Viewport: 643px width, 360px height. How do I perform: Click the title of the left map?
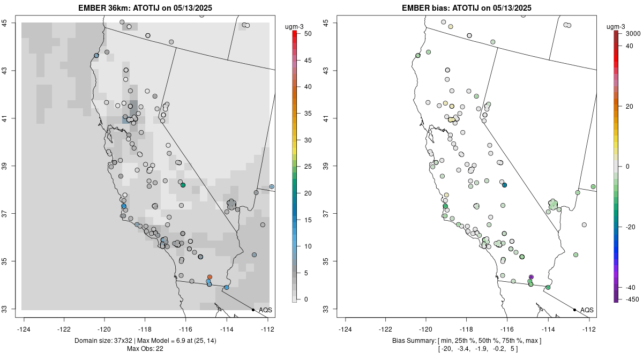click(x=145, y=7)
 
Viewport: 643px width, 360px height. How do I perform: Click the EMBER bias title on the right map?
click(x=466, y=7)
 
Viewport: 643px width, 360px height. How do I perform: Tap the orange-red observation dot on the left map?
click(x=210, y=277)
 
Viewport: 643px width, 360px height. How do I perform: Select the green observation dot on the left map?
click(x=183, y=185)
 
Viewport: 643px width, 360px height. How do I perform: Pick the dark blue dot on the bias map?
click(x=504, y=185)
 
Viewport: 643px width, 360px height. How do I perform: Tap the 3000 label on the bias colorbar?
click(x=633, y=34)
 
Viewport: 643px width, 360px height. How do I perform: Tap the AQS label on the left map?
click(x=265, y=310)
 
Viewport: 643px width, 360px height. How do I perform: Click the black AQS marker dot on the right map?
click(x=574, y=310)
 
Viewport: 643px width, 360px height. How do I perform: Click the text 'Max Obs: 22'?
click(x=145, y=349)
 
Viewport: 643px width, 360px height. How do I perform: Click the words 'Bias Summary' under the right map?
click(x=409, y=341)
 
